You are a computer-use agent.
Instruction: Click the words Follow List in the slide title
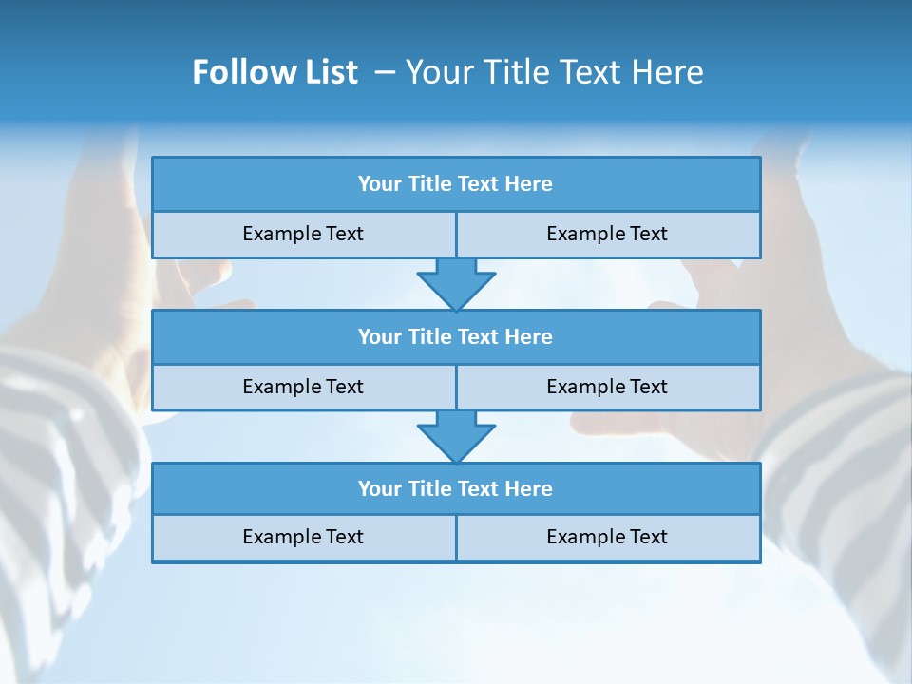[x=275, y=72]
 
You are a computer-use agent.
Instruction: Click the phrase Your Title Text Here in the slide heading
[x=554, y=72]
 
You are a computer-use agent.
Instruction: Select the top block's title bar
[x=456, y=184]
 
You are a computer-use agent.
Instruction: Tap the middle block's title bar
[x=456, y=336]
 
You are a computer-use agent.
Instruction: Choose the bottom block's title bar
[x=456, y=488]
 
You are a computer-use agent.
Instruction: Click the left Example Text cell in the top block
[x=303, y=234]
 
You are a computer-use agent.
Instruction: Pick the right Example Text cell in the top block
[x=607, y=234]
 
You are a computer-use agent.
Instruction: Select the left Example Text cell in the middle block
[x=303, y=387]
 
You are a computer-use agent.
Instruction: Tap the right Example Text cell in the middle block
[x=607, y=387]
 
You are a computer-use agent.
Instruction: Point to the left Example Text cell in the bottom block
[x=303, y=537]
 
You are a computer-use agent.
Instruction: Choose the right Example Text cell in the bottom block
[x=607, y=537]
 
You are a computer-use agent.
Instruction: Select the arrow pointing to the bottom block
[x=456, y=436]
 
